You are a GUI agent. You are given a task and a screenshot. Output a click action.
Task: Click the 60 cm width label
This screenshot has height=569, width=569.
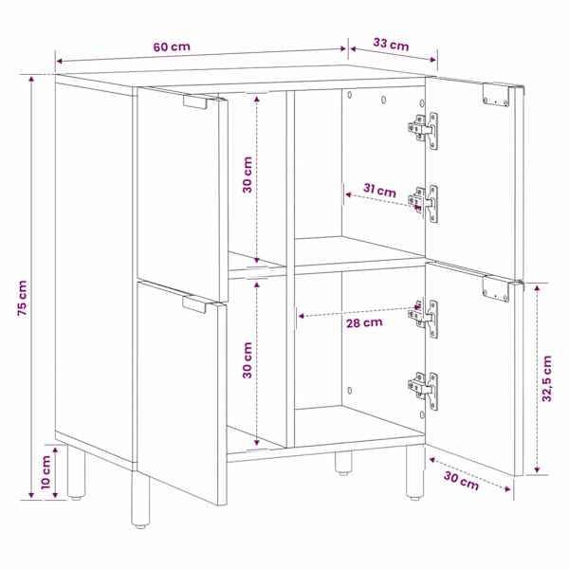(172, 46)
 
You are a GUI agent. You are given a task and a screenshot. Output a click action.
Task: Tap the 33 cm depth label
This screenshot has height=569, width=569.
(391, 45)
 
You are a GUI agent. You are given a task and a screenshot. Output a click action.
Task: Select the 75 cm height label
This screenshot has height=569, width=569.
(22, 298)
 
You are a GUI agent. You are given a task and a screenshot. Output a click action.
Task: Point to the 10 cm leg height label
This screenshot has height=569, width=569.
(46, 472)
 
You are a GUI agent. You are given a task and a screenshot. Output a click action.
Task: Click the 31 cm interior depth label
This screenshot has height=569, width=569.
(379, 190)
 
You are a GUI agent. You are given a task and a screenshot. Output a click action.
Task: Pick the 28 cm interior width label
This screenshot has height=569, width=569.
(364, 322)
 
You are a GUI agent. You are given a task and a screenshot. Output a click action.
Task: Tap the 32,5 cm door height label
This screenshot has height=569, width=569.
(546, 378)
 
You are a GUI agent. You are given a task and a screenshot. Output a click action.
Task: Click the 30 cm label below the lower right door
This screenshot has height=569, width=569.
(461, 481)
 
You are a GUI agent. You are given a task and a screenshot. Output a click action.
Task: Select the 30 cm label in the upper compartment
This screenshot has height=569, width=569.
(248, 174)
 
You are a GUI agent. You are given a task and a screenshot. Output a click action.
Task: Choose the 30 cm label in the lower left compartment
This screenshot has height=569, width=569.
(248, 360)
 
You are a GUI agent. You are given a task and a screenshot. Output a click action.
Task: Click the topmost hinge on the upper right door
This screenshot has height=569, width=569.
(424, 130)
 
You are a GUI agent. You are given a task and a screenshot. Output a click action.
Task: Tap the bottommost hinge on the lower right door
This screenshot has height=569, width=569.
(424, 391)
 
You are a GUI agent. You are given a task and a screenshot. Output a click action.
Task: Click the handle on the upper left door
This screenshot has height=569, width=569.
(196, 101)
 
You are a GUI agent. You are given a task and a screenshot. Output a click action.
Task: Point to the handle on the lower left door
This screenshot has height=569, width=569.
(194, 304)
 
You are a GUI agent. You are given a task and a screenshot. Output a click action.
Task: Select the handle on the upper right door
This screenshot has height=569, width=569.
(496, 95)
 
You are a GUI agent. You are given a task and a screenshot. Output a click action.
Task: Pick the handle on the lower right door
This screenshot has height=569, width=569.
(496, 289)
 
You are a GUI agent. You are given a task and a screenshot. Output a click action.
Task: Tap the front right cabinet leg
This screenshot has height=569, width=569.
(414, 471)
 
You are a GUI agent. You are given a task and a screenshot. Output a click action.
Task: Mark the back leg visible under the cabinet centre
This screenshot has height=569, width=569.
(343, 463)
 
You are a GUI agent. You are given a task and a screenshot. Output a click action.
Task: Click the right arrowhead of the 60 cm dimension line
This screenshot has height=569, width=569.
(342, 49)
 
